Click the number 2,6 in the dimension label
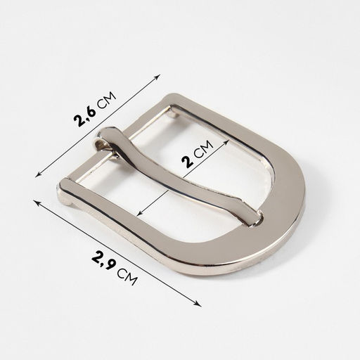[x=85, y=115]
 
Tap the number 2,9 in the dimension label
[x=104, y=260]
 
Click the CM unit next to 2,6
[x=107, y=101]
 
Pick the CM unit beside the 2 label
[x=204, y=149]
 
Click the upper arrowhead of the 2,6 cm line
[x=157, y=77]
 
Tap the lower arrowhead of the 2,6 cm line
[x=39, y=174]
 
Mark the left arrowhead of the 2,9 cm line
[x=37, y=202]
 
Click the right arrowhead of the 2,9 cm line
[x=198, y=304]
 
